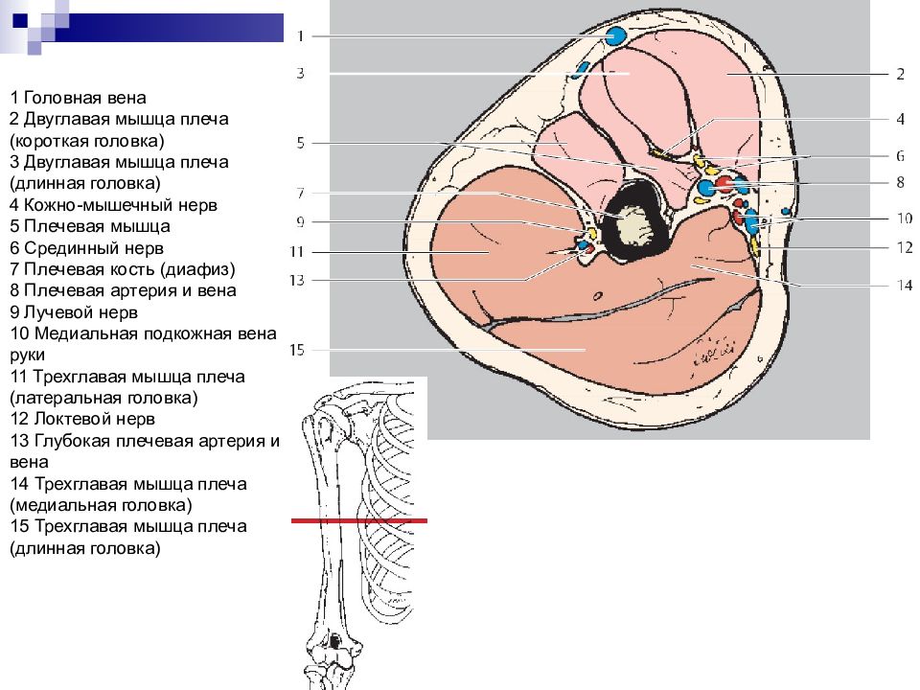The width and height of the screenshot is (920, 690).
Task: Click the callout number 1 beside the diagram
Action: click(300, 36)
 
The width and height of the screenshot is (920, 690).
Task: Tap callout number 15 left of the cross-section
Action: click(297, 350)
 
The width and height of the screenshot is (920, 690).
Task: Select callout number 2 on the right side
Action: click(900, 74)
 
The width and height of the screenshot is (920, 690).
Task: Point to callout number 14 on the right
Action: click(904, 286)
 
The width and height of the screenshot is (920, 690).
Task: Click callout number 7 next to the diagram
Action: click(300, 193)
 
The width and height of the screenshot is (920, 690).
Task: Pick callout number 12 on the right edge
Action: click(905, 247)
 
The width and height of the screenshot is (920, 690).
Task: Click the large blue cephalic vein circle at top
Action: click(615, 36)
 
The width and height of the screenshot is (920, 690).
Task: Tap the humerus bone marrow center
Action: click(636, 226)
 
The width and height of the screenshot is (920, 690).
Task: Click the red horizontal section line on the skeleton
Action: click(359, 520)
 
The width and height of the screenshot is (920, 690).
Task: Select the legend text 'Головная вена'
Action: click(84, 98)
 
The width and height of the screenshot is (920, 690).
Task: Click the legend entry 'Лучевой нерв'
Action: click(80, 312)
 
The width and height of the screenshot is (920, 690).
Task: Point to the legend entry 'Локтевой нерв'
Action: click(94, 419)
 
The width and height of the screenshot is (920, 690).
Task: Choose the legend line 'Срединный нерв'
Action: click(93, 248)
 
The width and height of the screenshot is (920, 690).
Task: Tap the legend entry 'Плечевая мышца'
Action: click(97, 226)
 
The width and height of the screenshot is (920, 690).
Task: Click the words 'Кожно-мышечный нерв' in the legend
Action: click(121, 205)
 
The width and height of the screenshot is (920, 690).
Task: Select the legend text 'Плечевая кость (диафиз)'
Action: click(129, 269)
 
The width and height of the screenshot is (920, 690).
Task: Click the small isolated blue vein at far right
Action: click(786, 211)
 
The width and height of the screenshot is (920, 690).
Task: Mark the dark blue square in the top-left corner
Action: click(20, 20)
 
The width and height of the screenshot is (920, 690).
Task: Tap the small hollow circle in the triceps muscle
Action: click(597, 296)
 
